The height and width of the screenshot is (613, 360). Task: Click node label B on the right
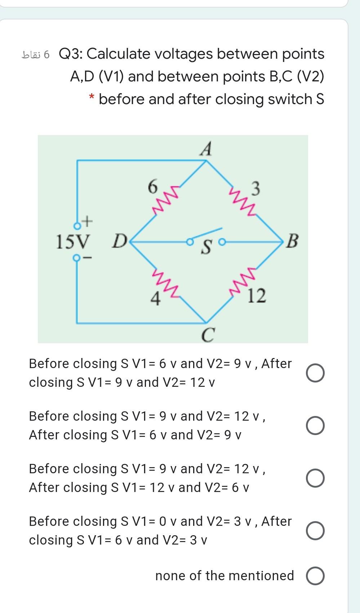point(292,241)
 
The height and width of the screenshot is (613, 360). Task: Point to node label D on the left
point(119,241)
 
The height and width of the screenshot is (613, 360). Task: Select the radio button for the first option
point(315,373)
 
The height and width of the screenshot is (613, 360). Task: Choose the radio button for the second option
point(315,426)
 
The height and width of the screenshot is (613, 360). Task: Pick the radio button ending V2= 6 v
point(315,478)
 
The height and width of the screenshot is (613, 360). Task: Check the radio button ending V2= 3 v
point(315,531)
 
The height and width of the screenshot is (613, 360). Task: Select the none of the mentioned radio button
point(315,576)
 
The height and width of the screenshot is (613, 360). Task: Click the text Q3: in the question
point(71,54)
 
